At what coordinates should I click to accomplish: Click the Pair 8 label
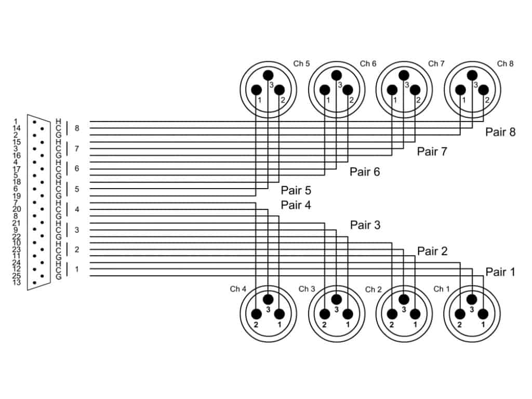click(500, 132)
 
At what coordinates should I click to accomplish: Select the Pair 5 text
click(296, 191)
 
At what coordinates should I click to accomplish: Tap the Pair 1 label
click(500, 272)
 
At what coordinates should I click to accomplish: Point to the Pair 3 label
click(365, 225)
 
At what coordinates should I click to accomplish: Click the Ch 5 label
click(301, 64)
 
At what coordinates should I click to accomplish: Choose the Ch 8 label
click(505, 64)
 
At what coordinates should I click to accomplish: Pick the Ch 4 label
click(238, 289)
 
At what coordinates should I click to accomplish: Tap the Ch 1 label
click(442, 289)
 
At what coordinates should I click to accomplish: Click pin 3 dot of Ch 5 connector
click(268, 75)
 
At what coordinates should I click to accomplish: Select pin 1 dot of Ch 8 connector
click(461, 90)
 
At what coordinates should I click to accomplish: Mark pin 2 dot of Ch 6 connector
click(348, 90)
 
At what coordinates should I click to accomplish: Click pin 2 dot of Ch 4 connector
click(256, 314)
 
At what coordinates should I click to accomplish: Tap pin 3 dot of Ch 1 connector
click(472, 299)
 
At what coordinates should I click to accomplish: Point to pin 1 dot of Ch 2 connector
click(415, 314)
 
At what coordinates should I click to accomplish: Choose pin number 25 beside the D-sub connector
click(17, 276)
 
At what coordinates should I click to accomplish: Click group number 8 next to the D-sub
click(77, 128)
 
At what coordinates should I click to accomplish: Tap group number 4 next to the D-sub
click(77, 209)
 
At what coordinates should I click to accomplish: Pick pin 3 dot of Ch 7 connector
click(404, 75)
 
